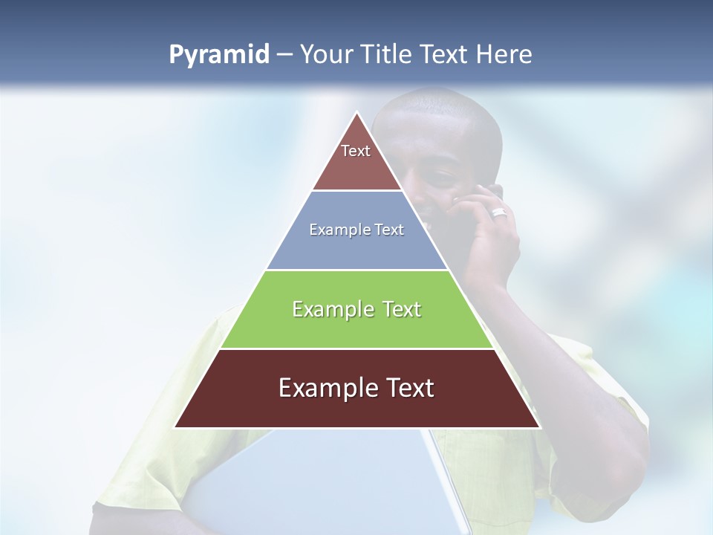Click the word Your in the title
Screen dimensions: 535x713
pyautogui.click(x=325, y=54)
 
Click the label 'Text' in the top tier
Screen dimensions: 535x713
pyautogui.click(x=356, y=151)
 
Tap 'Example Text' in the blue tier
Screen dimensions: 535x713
pyautogui.click(x=356, y=230)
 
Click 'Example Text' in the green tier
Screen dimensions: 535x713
pyautogui.click(x=356, y=309)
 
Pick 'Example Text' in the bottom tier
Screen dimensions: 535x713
pyautogui.click(x=356, y=388)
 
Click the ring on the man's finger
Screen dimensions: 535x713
pyautogui.click(x=498, y=213)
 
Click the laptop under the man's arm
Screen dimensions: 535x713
pyautogui.click(x=327, y=483)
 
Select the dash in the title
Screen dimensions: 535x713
pyautogui.click(x=284, y=55)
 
